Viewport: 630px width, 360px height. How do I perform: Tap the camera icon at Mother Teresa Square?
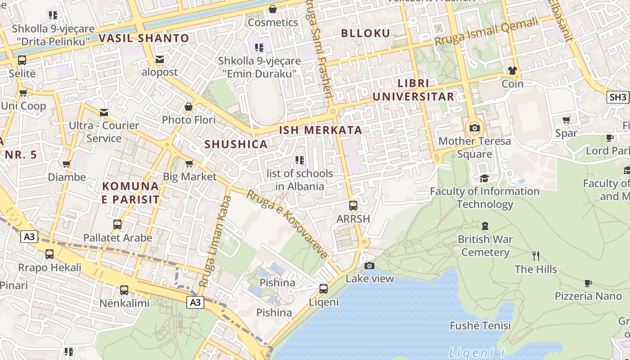coord(474,128)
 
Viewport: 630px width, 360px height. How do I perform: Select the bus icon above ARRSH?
coord(353,206)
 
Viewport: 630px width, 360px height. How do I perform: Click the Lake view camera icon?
coord(369,265)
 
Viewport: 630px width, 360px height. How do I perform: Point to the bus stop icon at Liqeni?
coord(324,288)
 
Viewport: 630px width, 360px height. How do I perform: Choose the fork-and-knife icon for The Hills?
coord(536,256)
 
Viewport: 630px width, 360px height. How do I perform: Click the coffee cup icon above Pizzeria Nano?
coord(588,283)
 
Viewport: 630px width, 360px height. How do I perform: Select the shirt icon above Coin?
coord(512,71)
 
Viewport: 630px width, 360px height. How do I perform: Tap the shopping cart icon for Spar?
coord(566,120)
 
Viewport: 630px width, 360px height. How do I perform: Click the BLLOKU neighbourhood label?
coord(365,33)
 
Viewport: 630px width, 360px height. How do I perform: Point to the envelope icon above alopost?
coord(160,59)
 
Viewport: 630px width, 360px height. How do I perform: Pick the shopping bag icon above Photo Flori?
coord(189,107)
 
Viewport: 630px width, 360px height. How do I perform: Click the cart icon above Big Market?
coord(189,163)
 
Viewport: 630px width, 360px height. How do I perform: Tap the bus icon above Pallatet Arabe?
coord(117,224)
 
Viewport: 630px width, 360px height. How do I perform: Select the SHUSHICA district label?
coord(236,144)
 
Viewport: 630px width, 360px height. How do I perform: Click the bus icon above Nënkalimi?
coord(124,290)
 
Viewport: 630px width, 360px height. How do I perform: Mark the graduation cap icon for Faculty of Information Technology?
coord(484,178)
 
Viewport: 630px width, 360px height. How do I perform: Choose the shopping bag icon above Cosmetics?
coord(273,9)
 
